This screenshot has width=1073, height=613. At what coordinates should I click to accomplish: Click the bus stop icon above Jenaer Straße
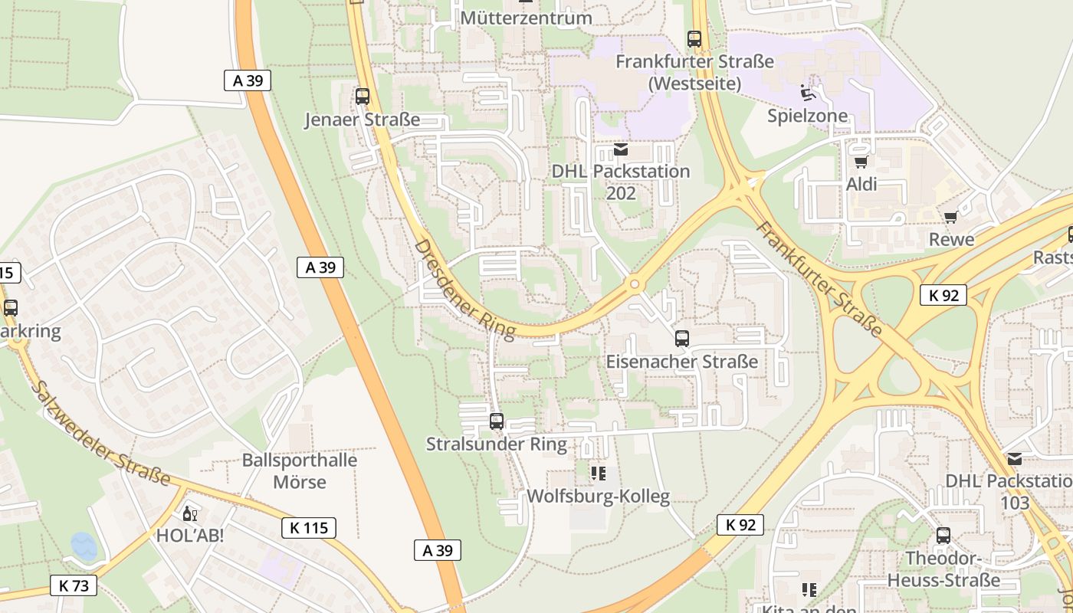point(363,97)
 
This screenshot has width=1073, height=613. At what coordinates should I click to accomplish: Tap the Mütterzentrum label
point(526,18)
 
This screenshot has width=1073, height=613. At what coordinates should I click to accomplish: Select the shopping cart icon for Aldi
point(861,162)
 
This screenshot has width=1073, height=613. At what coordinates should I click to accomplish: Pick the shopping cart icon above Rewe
point(951,218)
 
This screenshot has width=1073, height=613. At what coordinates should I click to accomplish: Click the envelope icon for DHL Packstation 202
point(621,149)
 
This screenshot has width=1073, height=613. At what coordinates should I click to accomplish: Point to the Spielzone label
point(808,116)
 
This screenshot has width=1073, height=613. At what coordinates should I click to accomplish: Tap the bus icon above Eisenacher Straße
point(681,339)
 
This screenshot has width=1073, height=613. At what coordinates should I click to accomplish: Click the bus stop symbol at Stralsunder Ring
point(497,421)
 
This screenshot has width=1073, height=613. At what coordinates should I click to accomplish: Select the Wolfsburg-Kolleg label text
point(598,497)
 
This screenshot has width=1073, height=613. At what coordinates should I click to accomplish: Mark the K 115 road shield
point(309,527)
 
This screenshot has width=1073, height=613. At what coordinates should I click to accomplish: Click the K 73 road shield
point(74,585)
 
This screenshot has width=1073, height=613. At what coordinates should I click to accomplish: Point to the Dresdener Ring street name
point(464,288)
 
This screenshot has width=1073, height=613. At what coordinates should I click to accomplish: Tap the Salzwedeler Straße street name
point(100,434)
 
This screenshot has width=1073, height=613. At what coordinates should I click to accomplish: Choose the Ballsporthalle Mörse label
point(300,471)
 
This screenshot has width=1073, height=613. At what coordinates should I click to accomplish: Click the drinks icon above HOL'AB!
point(189,513)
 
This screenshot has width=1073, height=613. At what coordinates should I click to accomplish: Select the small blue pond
point(84,546)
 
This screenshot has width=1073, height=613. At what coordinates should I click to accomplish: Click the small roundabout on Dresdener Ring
point(635,285)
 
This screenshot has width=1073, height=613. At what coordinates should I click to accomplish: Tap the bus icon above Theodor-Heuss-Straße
point(943,536)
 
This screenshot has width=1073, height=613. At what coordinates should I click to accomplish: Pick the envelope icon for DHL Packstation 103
point(1015,459)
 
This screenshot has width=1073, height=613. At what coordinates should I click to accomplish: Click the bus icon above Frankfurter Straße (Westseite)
point(694,38)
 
